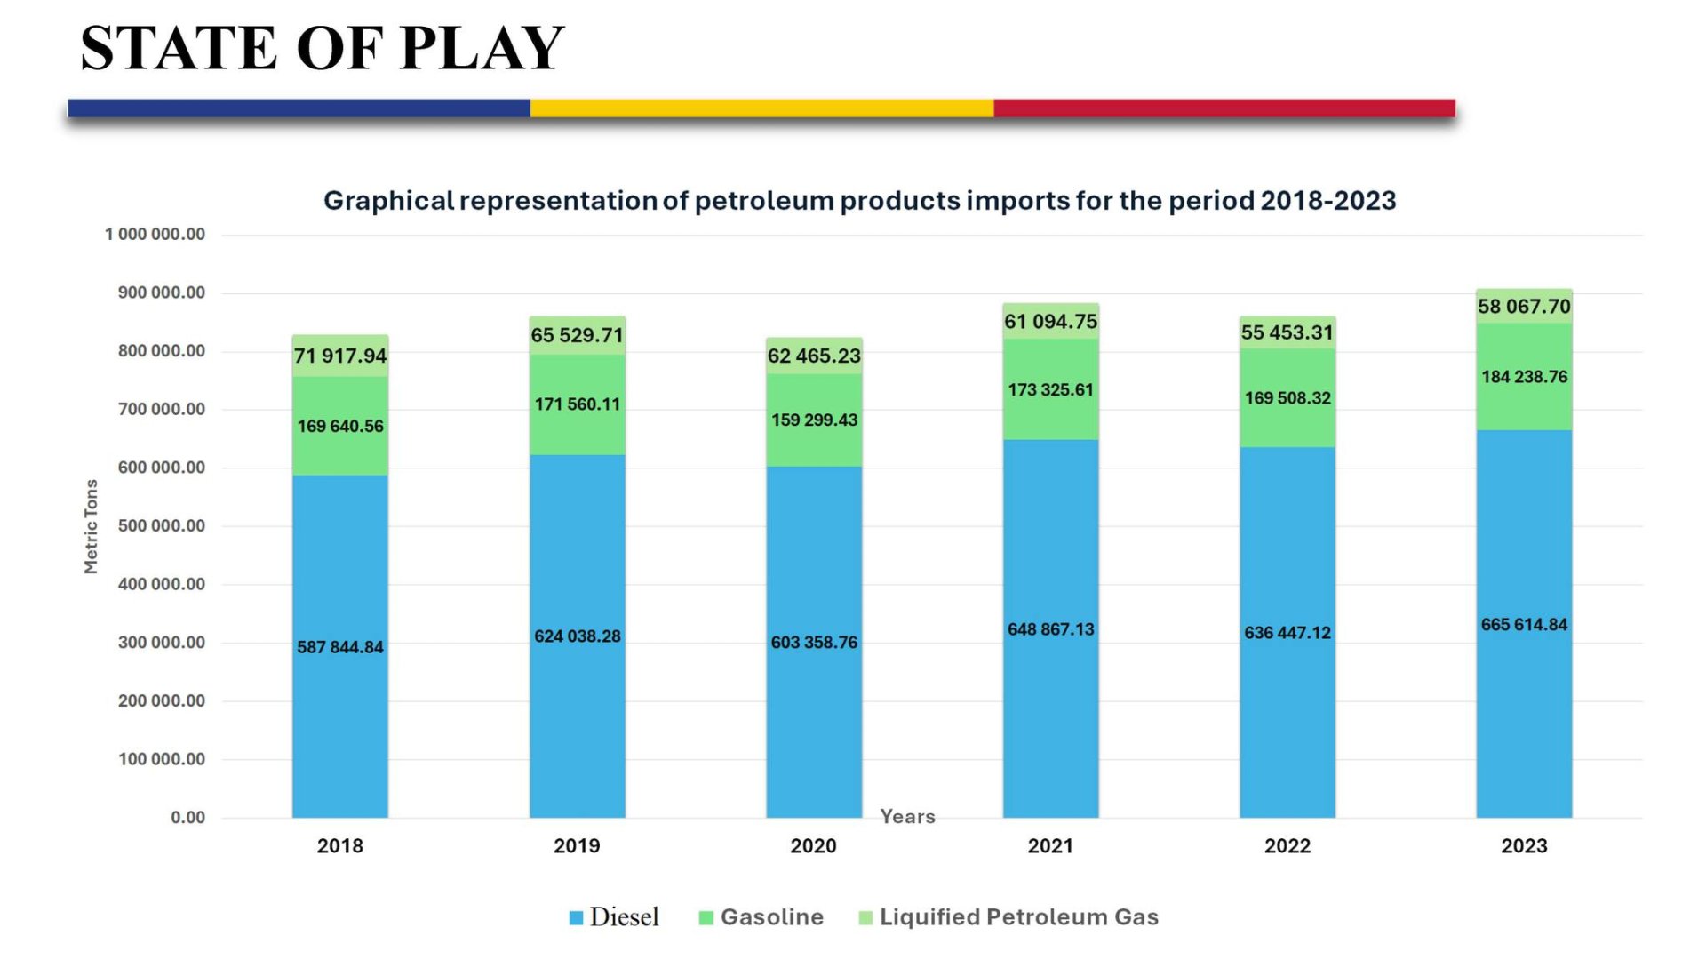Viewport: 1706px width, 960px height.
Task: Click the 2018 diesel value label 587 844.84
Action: pos(340,647)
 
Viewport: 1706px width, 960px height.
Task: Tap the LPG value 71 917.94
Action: pos(340,356)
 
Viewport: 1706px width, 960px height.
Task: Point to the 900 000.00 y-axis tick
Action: pos(161,292)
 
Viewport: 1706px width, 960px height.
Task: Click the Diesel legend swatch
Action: pos(576,917)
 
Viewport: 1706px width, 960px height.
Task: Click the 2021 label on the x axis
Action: pos(1050,846)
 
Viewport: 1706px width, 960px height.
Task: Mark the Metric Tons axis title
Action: pos(91,526)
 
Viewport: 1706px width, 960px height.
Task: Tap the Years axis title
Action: pos(907,816)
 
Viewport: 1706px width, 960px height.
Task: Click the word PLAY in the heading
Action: pos(482,48)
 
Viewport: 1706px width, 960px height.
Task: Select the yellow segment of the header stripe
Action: pos(761,108)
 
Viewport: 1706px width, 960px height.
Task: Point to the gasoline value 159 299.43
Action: pos(814,420)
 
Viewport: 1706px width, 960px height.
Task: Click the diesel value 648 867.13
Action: pos(1050,629)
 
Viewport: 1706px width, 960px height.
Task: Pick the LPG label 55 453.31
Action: pos(1287,332)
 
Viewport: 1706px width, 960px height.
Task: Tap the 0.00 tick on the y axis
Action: pos(187,818)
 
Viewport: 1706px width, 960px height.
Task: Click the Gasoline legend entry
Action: pos(771,917)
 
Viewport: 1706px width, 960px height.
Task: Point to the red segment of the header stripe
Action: pos(1224,108)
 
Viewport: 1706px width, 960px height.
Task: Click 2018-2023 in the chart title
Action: pos(1327,201)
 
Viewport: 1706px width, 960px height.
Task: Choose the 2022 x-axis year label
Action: pos(1287,846)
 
